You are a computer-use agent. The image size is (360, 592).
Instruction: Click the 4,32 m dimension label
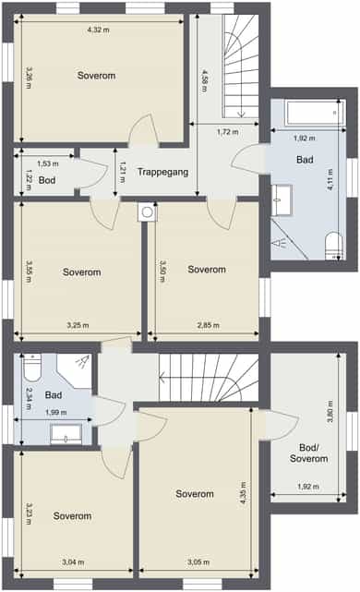[x=99, y=30]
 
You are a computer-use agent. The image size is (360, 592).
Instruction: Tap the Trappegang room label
[x=162, y=172]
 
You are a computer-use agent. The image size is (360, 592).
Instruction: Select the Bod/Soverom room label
[x=308, y=453]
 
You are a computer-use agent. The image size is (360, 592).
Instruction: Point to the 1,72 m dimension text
[x=228, y=132]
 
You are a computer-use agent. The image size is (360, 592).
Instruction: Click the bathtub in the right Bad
[x=315, y=112]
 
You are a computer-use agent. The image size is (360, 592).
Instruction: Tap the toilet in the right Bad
[x=334, y=246]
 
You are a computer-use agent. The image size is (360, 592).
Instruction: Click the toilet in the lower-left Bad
[x=32, y=368]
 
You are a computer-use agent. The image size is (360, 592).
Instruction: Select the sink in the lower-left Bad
[x=66, y=434]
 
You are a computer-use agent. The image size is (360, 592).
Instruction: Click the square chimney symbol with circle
[x=147, y=212]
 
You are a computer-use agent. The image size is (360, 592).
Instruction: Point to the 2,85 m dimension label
[x=209, y=325]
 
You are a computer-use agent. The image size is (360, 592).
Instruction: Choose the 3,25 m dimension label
[x=78, y=325]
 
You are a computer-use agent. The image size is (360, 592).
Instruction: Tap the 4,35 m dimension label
[x=244, y=492]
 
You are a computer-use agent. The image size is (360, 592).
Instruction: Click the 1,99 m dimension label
[x=56, y=412]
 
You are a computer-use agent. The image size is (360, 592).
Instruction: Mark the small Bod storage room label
[x=47, y=180]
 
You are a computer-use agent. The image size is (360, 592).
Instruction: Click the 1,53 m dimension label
[x=48, y=163]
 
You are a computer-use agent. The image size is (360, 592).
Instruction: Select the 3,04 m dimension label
[x=73, y=562]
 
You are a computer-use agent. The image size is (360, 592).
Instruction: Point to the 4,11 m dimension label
[x=330, y=179]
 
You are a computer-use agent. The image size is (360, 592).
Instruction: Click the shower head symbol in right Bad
[x=279, y=243]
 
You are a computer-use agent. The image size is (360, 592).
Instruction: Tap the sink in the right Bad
[x=282, y=200]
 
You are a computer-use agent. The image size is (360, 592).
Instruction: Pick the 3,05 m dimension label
[x=198, y=562]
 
